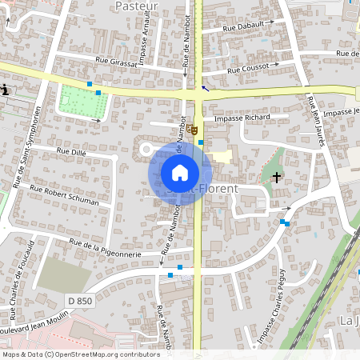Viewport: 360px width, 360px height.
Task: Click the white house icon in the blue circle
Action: [x=180, y=173]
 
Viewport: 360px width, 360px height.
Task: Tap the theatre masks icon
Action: [x=194, y=128]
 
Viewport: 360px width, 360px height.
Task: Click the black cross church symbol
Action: [x=278, y=176]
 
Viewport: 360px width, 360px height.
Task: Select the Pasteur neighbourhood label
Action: [x=136, y=6]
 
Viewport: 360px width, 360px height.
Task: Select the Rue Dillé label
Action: [x=71, y=150]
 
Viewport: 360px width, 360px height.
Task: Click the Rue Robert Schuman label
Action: [x=64, y=194]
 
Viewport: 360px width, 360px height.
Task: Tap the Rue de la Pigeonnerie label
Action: [x=106, y=247]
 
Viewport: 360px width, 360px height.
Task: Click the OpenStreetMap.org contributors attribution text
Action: [x=104, y=354]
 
